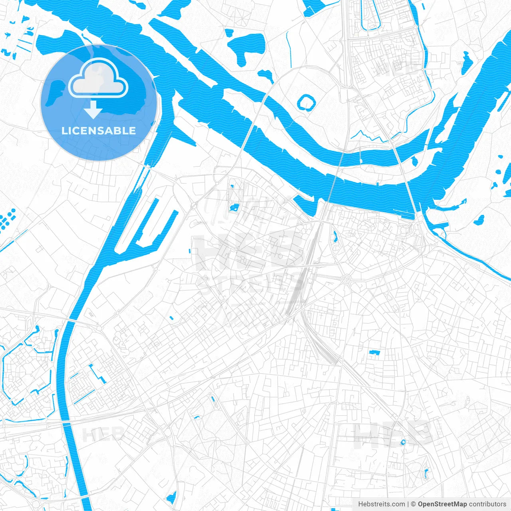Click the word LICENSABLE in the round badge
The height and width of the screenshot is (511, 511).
coord(99,131)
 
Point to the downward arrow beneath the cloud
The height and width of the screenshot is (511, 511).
coord(93,110)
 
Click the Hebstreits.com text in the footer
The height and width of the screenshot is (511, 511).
coord(381,504)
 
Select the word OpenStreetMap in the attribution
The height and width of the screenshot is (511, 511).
coord(442,504)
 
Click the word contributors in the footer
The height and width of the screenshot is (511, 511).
coord(487,504)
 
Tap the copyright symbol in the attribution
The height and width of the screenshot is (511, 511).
coord(413,504)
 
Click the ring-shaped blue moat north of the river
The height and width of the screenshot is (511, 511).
coord(306,103)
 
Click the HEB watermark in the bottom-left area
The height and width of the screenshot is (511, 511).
coord(103,434)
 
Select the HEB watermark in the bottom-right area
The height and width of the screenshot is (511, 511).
coord(393,435)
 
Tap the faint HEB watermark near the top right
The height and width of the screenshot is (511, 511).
coord(397,68)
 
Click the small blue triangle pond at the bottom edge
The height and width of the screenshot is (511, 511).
coord(172,497)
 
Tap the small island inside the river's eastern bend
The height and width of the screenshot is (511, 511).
coord(414,161)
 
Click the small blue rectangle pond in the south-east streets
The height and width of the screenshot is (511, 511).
coord(374,352)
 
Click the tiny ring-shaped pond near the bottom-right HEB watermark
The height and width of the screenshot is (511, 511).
coord(403,442)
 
